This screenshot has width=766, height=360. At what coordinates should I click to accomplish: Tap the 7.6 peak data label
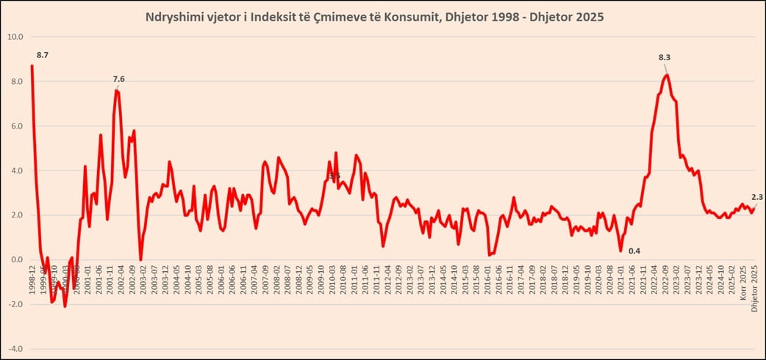point(119,79)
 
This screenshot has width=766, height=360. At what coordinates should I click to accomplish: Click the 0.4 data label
point(634,251)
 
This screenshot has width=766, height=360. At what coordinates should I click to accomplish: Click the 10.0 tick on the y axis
point(15,37)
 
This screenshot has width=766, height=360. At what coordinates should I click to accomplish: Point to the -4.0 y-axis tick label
point(15,349)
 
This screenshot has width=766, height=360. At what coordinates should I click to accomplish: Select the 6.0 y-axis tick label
point(15,126)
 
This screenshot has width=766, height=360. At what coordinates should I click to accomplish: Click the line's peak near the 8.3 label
point(666,74)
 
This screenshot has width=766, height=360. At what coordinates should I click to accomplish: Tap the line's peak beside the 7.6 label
point(116,90)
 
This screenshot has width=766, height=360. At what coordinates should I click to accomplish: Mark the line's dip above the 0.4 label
point(620,251)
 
